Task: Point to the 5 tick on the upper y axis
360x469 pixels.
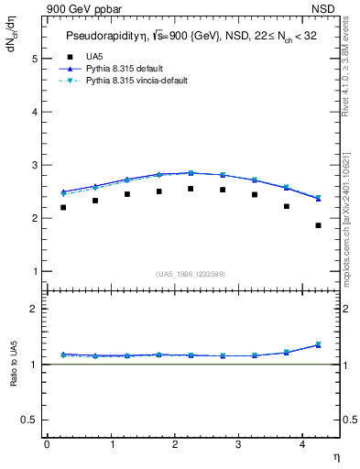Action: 36,59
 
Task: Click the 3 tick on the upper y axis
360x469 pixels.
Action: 36,166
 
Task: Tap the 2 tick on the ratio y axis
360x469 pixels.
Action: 36,309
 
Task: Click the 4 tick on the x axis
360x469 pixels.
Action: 302,444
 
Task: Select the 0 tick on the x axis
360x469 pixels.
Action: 47,444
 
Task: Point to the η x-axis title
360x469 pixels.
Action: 335,456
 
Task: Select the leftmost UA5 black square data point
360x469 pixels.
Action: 63,207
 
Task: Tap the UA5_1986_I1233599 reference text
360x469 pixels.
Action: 191,274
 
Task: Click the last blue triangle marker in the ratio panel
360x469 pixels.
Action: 318,344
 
